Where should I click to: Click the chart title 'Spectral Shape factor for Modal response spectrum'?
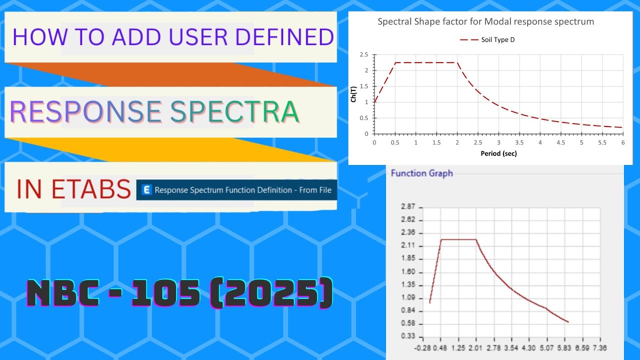coord(485,22)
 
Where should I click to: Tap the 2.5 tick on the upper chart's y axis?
coord(363,54)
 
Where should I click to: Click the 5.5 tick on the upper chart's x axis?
coord(602,142)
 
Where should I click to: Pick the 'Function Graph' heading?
coord(421,173)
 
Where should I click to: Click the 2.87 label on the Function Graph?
coord(408,207)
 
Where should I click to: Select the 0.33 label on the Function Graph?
coord(408,337)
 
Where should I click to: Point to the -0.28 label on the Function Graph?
coord(422,347)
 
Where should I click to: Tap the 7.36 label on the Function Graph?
coord(598,347)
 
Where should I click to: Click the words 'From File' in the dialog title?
coord(313,190)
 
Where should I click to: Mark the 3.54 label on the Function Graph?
coord(511,347)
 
